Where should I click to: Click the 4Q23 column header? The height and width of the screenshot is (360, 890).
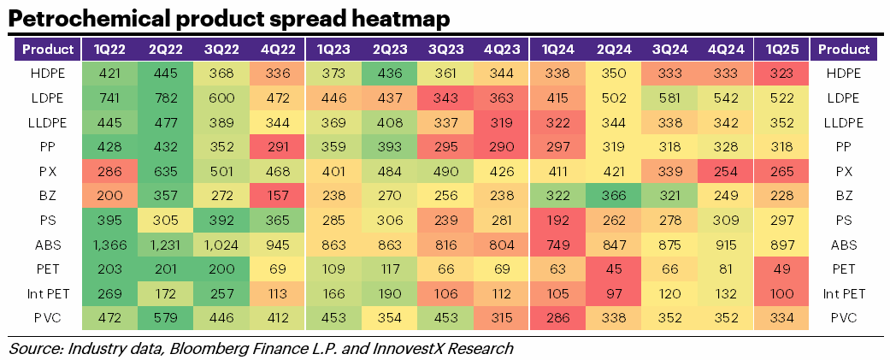[x=500, y=49]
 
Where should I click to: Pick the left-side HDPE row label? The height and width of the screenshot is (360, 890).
[x=48, y=74]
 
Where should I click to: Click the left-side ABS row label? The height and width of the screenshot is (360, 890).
[x=48, y=245]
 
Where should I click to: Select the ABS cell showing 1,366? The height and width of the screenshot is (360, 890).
[x=109, y=245]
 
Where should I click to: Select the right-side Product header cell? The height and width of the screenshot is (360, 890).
[x=843, y=49]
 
